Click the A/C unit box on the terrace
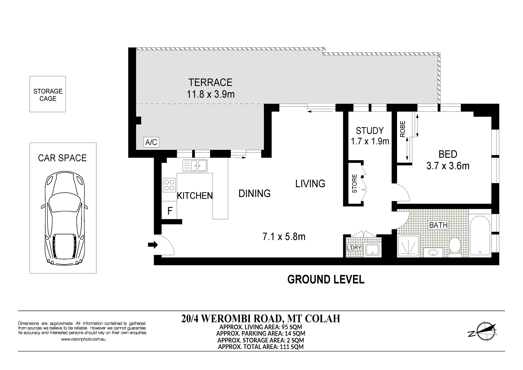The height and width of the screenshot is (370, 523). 151,142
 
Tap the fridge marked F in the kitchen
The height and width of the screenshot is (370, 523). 169,210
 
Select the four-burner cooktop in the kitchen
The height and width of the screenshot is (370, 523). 169,185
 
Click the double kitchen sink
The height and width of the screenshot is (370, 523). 195,165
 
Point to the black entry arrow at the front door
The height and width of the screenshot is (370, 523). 153,244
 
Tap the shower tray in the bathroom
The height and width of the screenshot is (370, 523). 408,246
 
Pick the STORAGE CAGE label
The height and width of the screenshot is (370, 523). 48,95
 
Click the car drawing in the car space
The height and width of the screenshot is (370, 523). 64,218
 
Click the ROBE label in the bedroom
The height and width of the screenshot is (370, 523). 403,129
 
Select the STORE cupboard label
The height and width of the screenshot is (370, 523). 354,183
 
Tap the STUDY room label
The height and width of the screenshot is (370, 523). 370,131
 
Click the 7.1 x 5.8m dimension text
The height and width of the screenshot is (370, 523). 284,236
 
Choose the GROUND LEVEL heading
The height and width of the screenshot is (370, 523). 326,279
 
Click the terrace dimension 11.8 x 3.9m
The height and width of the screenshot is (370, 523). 210,94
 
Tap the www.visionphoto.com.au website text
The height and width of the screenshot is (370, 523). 83,339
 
